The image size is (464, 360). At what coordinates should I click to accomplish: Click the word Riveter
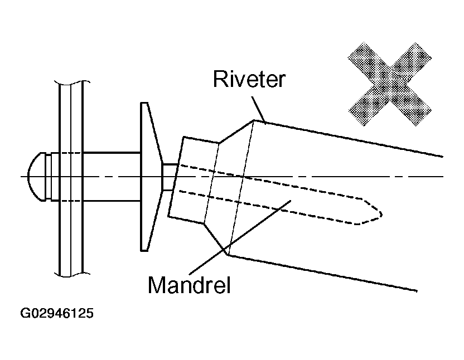tap(249, 80)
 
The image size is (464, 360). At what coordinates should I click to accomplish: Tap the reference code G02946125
tap(57, 313)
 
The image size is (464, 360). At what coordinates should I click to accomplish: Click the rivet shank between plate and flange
tap(112, 176)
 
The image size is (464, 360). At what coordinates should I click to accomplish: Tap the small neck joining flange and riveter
tap(169, 177)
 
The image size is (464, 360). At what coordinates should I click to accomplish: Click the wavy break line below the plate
tap(72, 274)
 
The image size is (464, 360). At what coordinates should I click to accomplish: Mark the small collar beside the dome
tap(49, 176)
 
